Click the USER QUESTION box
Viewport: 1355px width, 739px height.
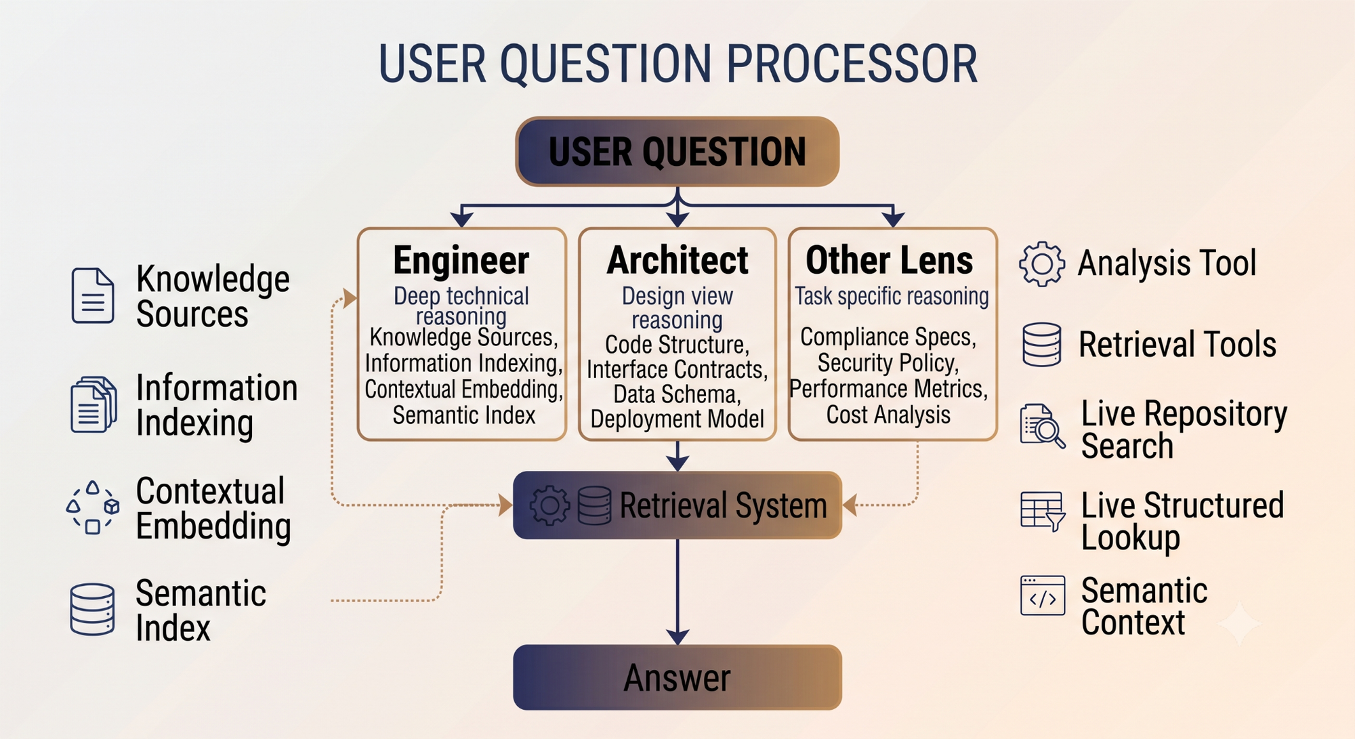[x=677, y=152]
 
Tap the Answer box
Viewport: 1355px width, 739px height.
[x=677, y=677]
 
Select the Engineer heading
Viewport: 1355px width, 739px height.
[x=461, y=261]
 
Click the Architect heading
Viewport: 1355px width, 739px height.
[x=677, y=261]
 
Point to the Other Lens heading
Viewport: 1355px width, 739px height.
[x=889, y=261]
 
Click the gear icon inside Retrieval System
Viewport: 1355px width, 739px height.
[x=549, y=505]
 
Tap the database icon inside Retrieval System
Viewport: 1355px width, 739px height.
[x=595, y=505]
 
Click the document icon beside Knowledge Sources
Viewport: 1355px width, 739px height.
[x=93, y=295]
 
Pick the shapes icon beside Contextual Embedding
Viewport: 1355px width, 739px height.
[x=93, y=508]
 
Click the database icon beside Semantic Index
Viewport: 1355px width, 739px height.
[x=92, y=609]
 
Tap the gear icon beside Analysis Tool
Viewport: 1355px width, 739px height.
[x=1042, y=263]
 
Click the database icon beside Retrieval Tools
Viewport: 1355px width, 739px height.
[x=1042, y=345]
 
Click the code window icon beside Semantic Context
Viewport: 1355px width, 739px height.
[x=1043, y=595]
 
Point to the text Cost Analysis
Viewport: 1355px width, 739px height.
[x=888, y=415]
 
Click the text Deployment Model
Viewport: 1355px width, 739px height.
[x=677, y=419]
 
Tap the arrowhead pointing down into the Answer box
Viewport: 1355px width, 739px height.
[x=677, y=636]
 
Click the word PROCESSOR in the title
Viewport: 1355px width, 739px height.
[x=852, y=64]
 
